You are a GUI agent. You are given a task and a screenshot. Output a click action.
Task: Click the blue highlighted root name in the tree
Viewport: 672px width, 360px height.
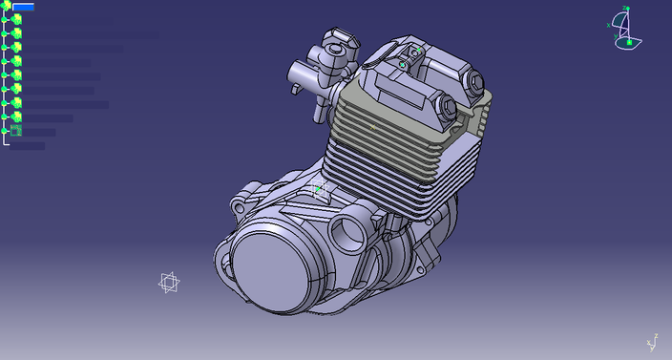[x=23, y=7]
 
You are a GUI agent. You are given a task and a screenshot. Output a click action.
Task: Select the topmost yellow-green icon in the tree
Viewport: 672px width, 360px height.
[x=16, y=19]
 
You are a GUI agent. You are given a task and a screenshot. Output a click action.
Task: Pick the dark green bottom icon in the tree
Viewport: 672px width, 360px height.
[x=16, y=131]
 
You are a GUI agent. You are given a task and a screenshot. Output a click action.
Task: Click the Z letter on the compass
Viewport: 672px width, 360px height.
[x=625, y=9]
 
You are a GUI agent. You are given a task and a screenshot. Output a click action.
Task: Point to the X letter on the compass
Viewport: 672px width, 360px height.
[x=609, y=25]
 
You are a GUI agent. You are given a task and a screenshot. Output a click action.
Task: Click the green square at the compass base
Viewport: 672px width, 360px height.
[x=629, y=42]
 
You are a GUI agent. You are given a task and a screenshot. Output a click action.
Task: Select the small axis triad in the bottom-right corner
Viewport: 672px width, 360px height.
[x=653, y=343]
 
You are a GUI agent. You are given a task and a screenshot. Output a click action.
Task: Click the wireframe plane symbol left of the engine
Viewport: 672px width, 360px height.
[x=169, y=282]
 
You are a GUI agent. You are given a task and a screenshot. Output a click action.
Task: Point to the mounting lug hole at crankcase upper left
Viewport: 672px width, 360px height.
[x=239, y=205]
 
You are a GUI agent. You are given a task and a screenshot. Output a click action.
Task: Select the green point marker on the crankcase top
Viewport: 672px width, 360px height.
[x=318, y=188]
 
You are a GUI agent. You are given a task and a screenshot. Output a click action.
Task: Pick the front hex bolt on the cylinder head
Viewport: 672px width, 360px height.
[x=446, y=106]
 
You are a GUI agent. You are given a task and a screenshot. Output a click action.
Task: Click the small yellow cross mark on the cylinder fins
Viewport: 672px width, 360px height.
[x=373, y=125]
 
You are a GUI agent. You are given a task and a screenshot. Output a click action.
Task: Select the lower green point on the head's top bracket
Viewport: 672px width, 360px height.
[x=403, y=65]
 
